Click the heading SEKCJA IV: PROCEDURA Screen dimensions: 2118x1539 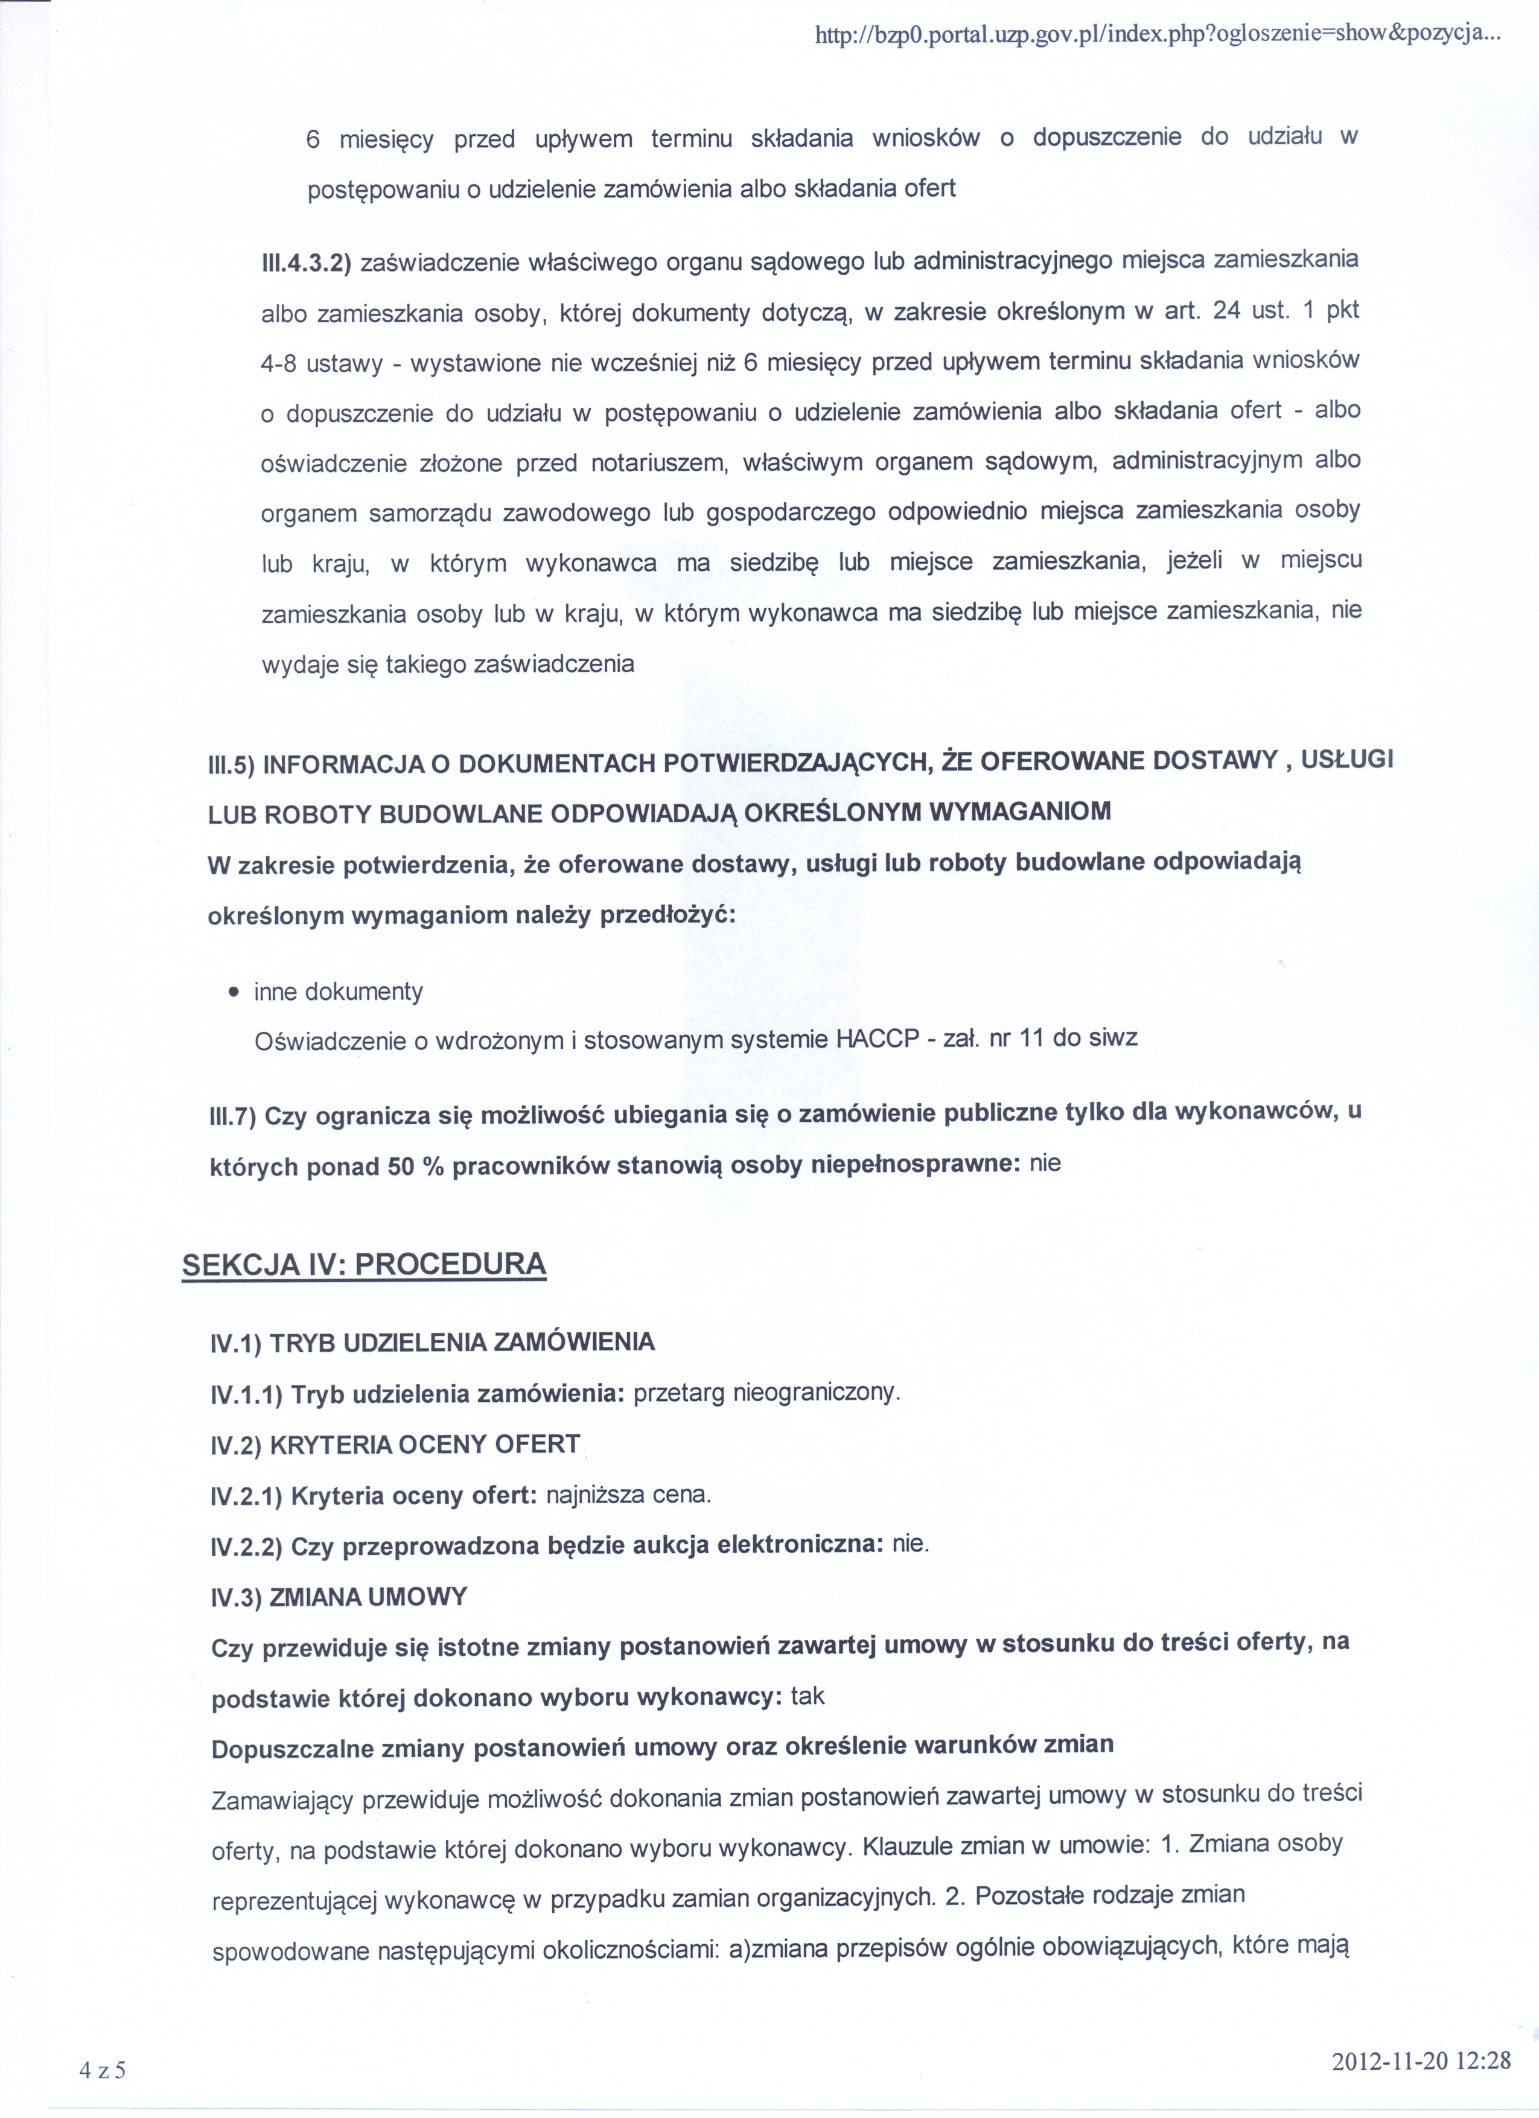364,1264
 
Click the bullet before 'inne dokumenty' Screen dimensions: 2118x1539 234,992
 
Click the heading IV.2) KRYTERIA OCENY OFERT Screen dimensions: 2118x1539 396,1445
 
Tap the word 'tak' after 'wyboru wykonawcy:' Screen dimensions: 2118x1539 808,1696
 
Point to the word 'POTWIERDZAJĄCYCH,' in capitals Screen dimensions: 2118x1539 800,763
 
